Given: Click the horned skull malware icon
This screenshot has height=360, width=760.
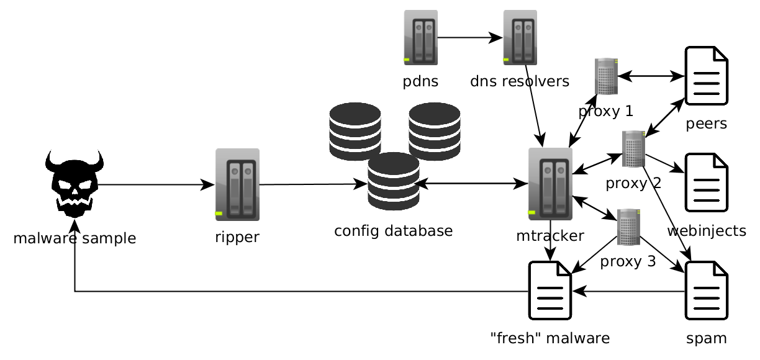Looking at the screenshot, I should [74, 184].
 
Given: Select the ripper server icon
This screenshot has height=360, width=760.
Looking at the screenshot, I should [237, 184].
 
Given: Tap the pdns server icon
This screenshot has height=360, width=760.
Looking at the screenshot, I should [421, 38].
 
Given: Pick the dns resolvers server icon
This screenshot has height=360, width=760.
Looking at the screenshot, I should [520, 38].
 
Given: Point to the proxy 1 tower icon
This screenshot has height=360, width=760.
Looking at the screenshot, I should [606, 76].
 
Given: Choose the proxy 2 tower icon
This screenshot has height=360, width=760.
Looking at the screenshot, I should [634, 149].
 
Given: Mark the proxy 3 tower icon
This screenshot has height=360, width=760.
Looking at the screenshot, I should [628, 227].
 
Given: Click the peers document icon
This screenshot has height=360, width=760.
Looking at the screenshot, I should [706, 76].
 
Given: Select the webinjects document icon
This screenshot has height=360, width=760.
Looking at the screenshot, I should [706, 182].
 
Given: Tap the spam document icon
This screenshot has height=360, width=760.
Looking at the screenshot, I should [706, 290].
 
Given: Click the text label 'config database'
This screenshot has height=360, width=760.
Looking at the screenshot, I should [393, 232].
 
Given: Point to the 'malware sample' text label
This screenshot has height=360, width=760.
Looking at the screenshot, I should [75, 238].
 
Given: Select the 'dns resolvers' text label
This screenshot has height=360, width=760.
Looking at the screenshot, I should [520, 81].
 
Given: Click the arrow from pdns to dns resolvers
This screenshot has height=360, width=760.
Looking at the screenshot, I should [470, 38].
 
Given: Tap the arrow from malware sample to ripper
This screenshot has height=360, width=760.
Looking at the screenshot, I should [155, 184].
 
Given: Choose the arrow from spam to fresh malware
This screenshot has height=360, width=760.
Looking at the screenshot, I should [627, 290].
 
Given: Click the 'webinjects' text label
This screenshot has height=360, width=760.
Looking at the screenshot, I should [707, 232].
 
